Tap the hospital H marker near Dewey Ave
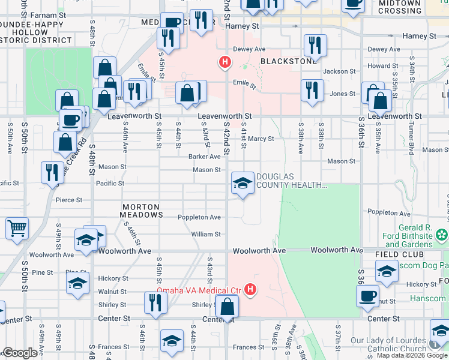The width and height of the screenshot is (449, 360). click(x=225, y=61)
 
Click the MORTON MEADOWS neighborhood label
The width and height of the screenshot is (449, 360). click(x=142, y=210)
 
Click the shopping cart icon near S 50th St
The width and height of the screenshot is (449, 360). click(x=17, y=228)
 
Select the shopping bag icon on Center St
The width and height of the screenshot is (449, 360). click(x=228, y=307)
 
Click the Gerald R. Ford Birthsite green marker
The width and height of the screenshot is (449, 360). click(x=442, y=233)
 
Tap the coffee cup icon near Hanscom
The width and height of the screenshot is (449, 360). click(x=367, y=296)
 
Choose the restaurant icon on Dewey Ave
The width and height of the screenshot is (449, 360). click(x=315, y=45)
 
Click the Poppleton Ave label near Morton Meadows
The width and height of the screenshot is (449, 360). click(x=199, y=217)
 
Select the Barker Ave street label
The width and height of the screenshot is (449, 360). click(x=205, y=157)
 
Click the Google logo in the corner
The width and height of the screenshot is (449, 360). click(x=20, y=353)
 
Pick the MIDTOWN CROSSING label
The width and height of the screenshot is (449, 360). click(x=400, y=7)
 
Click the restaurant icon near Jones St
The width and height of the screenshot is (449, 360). click(x=311, y=91)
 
